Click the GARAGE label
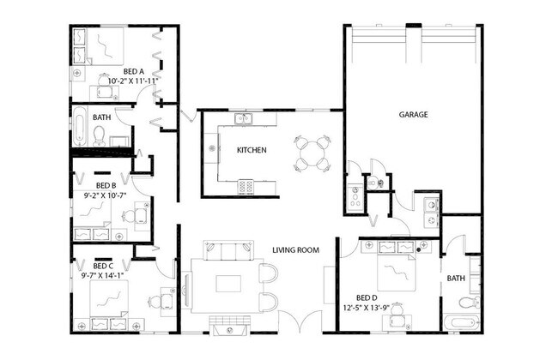click(413, 114)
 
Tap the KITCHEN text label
click(252, 150)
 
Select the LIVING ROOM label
click(296, 250)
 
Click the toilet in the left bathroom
click(100, 135)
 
